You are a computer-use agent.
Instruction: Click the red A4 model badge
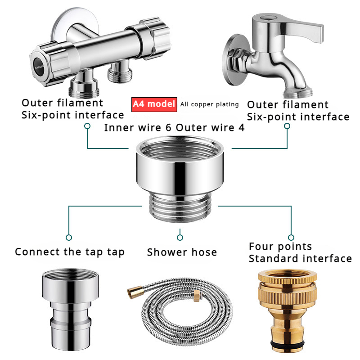point(154,104)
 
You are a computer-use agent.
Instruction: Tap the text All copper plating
point(209,104)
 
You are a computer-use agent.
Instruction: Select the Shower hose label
point(182,252)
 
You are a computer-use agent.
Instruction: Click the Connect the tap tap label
point(69,252)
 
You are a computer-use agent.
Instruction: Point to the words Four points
point(280,246)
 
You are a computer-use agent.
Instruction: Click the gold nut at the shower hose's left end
point(130,294)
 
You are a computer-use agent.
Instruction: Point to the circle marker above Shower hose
point(180,237)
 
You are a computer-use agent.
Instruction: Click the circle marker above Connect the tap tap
point(69,237)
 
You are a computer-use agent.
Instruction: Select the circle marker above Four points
point(291,237)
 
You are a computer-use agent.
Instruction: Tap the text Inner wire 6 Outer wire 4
point(174,127)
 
